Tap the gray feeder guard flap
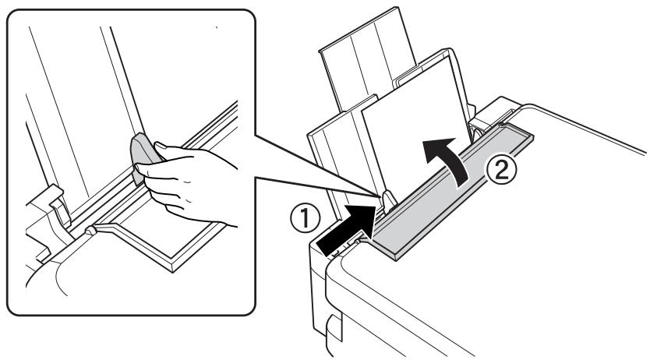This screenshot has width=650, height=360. point(452,195)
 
